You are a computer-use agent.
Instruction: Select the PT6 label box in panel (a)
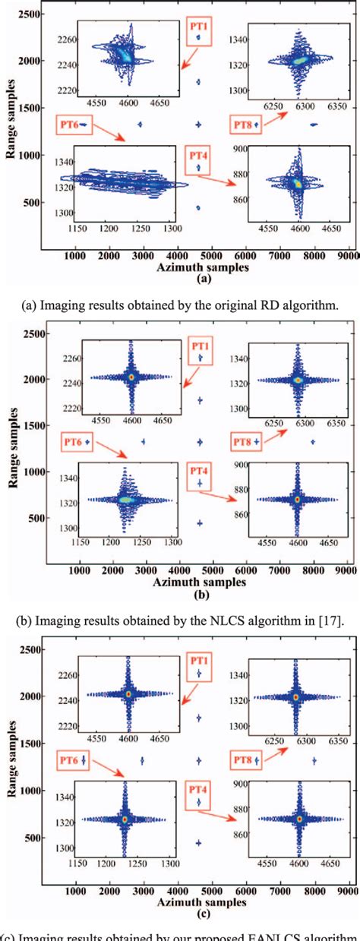[74, 122]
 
